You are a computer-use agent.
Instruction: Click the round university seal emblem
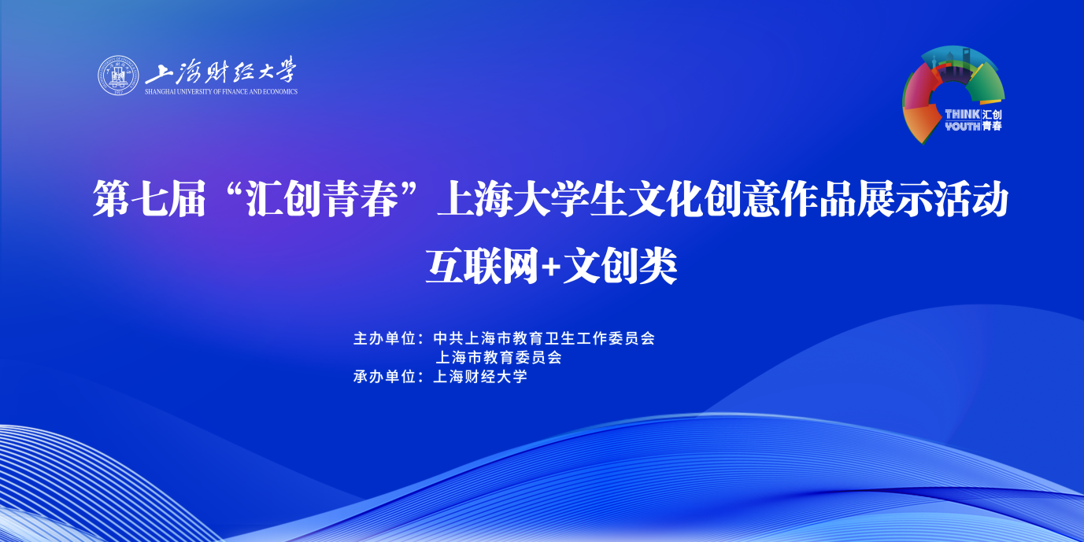tap(117, 76)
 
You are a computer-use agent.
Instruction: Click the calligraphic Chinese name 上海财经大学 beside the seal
tap(220, 71)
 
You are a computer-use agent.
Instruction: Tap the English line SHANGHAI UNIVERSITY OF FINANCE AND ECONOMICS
tap(221, 91)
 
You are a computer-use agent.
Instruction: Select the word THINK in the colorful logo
tap(963, 114)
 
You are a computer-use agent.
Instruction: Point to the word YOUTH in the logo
tap(963, 126)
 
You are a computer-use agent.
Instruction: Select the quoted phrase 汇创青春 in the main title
tap(322, 199)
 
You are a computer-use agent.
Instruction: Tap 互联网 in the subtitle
tap(482, 266)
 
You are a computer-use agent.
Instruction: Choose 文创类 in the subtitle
tap(620, 266)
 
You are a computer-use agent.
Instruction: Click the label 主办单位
tap(385, 338)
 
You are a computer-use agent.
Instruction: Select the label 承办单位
tap(385, 377)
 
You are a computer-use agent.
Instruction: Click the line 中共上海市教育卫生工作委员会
tap(544, 338)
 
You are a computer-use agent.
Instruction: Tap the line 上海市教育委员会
tap(498, 357)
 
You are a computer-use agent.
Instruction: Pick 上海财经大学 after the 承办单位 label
tap(479, 377)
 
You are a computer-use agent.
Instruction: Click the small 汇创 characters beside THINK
tap(992, 114)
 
